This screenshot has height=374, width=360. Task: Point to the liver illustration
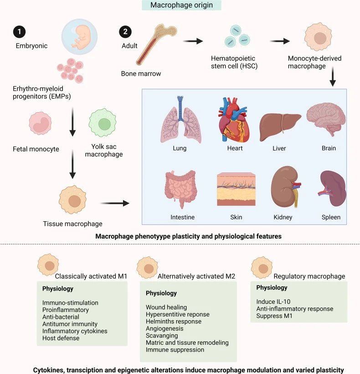point(280,123)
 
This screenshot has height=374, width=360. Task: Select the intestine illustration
point(182,189)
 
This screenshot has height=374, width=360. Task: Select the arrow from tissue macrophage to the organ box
point(114,203)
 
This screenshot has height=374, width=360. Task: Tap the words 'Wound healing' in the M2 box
point(166,307)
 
